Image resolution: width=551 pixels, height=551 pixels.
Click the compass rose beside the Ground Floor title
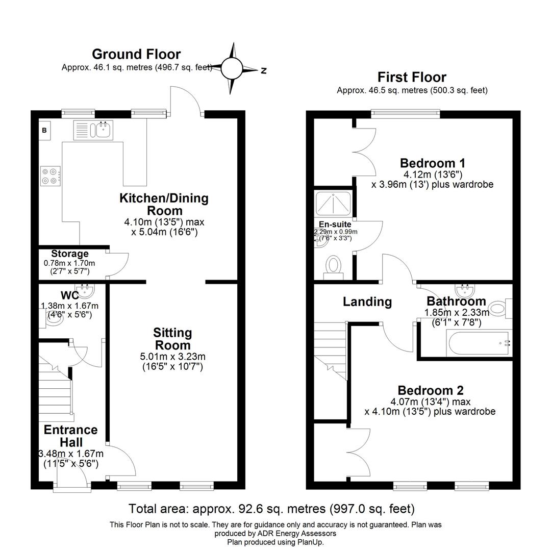tap(233, 68)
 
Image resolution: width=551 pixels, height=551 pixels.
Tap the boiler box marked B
tap(44, 131)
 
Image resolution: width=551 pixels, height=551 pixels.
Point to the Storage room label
tap(69, 254)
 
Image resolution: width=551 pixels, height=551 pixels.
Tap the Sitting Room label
tap(172, 339)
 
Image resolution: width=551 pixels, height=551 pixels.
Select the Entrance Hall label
tap(70, 436)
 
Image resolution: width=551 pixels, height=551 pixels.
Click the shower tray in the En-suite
tap(332, 204)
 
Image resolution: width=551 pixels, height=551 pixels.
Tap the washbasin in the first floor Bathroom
tap(465, 291)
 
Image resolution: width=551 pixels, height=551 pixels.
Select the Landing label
tap(367, 302)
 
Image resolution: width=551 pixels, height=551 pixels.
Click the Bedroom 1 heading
tap(432, 163)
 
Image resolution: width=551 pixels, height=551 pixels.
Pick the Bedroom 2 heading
tap(431, 390)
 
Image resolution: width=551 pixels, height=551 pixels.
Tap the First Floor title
tap(412, 77)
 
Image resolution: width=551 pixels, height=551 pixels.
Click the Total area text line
tap(271, 509)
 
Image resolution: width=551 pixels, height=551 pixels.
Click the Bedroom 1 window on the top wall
tap(405, 114)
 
